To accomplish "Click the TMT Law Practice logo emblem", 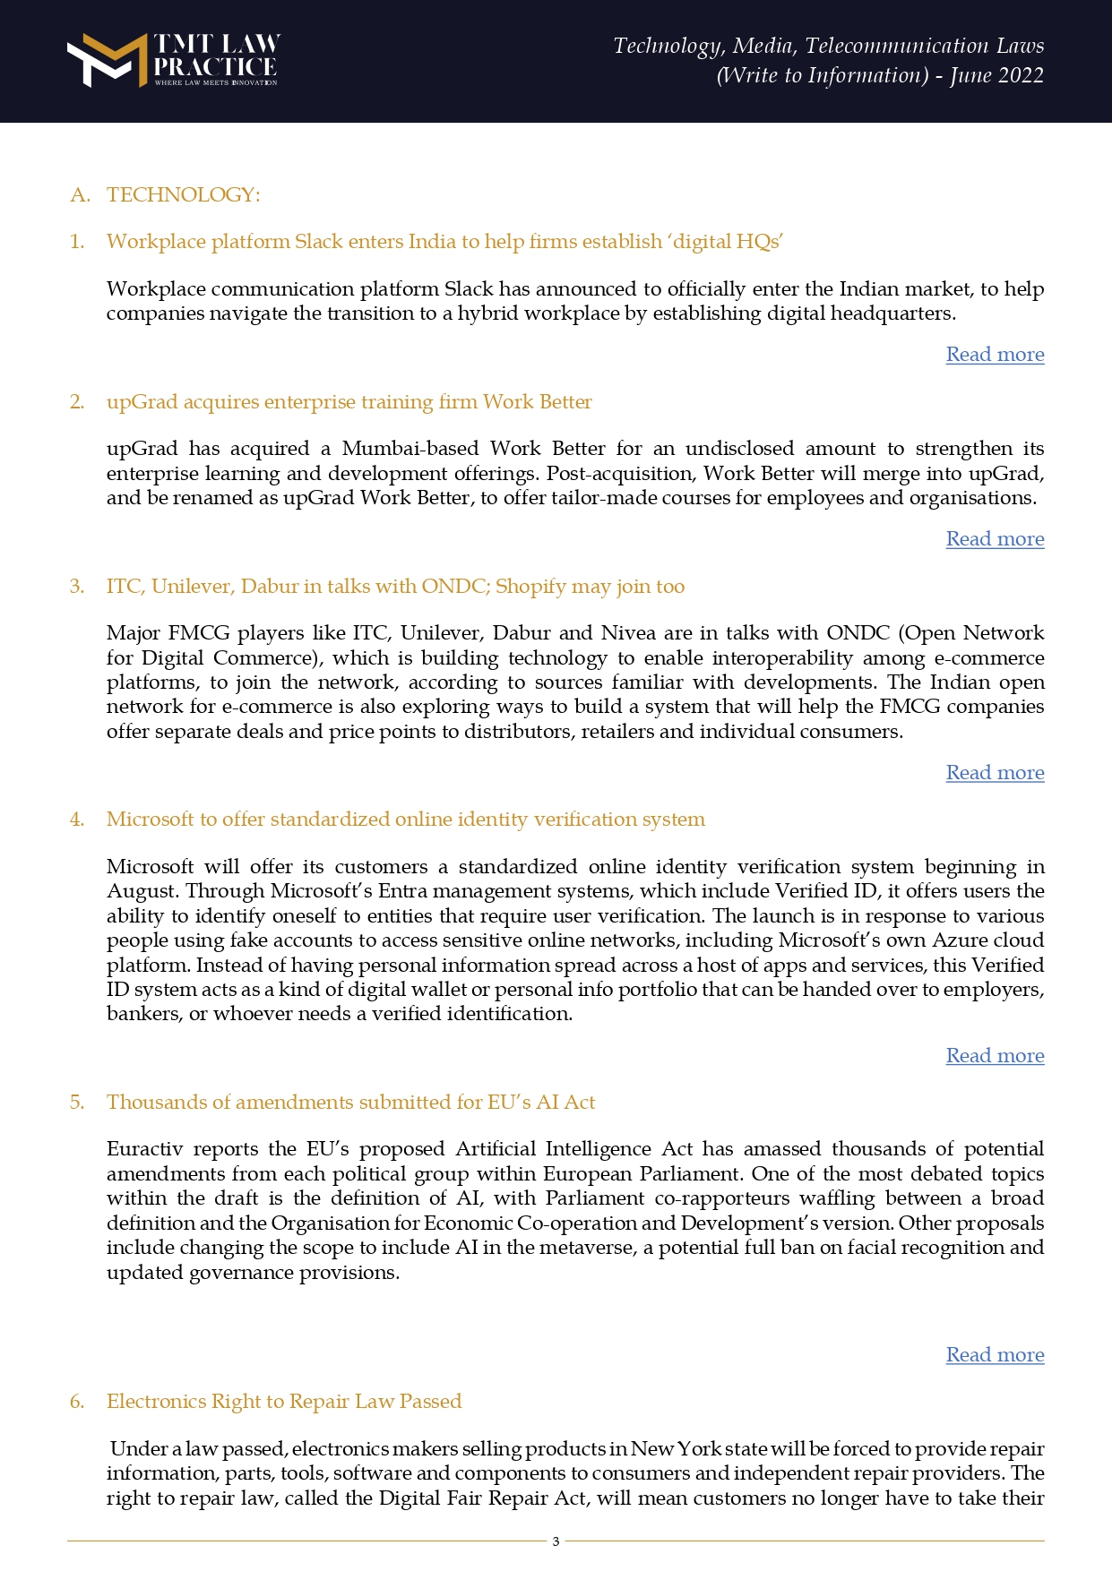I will (107, 60).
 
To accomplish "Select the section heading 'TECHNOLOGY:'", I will (183, 194).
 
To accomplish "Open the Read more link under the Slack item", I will (995, 355).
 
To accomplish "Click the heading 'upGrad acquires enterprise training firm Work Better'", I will (349, 401).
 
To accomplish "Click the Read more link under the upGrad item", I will (995, 539).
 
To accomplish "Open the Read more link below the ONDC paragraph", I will (995, 773).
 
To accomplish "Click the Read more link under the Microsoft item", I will (995, 1056).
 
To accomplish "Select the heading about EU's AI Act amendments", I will (350, 1102).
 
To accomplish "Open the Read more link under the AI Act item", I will (995, 1355).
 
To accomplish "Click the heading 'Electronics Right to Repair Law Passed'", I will (284, 1401).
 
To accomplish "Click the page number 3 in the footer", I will (556, 1541).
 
